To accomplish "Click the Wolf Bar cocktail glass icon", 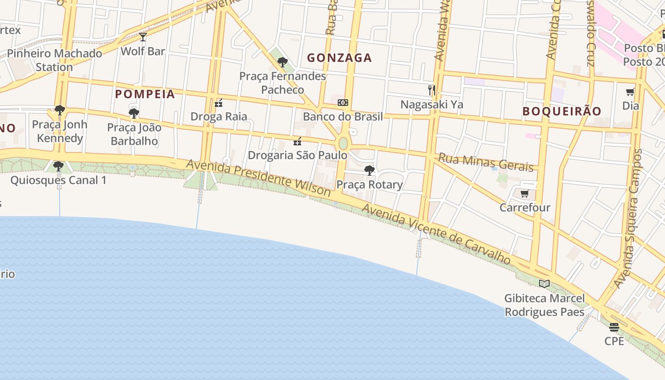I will [x=143, y=37].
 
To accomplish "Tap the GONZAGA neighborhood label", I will [x=339, y=58].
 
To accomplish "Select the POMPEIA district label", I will [x=145, y=94].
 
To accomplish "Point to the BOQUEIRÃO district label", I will [x=562, y=111].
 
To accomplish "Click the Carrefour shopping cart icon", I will [x=524, y=193].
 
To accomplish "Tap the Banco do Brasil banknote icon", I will [x=343, y=103].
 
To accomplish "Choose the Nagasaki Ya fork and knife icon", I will [x=432, y=90].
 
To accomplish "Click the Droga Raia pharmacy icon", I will [x=218, y=103].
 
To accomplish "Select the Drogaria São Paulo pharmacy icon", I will [x=297, y=141].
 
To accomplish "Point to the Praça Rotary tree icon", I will [x=369, y=170].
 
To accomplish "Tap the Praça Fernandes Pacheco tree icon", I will [x=283, y=62].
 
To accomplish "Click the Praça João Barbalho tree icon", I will [x=134, y=113].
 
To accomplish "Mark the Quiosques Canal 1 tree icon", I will [x=58, y=166].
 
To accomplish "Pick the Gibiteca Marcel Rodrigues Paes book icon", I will [x=544, y=284].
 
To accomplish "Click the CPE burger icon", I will [x=614, y=327].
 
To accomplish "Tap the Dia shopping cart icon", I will [x=630, y=92].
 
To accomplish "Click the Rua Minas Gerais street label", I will [x=485, y=162].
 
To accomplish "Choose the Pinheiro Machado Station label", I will [x=54, y=60].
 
